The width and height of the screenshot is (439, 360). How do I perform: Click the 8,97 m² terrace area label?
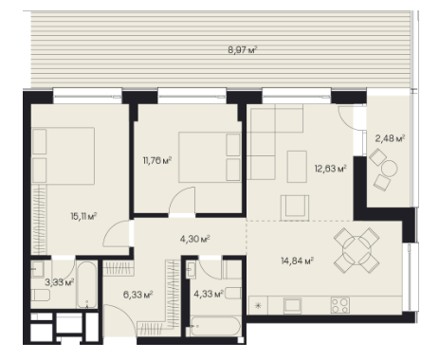click(242, 50)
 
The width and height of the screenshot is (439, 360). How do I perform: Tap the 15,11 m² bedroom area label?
click(83, 216)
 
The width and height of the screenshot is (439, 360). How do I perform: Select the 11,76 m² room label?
click(157, 161)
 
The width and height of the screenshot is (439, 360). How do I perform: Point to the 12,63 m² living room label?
click(330, 168)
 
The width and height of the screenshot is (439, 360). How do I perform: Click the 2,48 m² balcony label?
click(390, 138)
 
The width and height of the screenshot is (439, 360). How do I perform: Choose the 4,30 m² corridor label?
click(195, 239)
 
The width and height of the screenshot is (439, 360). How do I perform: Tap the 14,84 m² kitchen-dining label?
click(297, 261)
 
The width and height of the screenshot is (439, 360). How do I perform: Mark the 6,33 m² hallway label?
click(138, 295)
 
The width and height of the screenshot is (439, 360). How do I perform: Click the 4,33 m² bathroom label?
click(209, 295)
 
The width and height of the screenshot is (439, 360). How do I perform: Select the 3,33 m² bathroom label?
click(60, 282)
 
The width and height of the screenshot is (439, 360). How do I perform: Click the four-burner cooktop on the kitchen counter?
click(340, 305)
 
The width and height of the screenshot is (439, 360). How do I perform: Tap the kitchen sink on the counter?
click(292, 305)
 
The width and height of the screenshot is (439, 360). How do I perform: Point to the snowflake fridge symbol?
click(258, 305)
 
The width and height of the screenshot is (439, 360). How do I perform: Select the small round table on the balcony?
click(389, 169)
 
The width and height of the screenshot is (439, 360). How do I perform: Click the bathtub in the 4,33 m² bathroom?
click(215, 326)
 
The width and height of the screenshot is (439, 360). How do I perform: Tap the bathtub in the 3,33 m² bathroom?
click(86, 284)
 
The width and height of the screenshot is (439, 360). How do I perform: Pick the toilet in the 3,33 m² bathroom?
click(41, 296)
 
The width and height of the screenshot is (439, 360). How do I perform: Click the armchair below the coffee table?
click(295, 207)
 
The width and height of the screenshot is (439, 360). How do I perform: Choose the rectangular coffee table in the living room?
click(297, 167)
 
